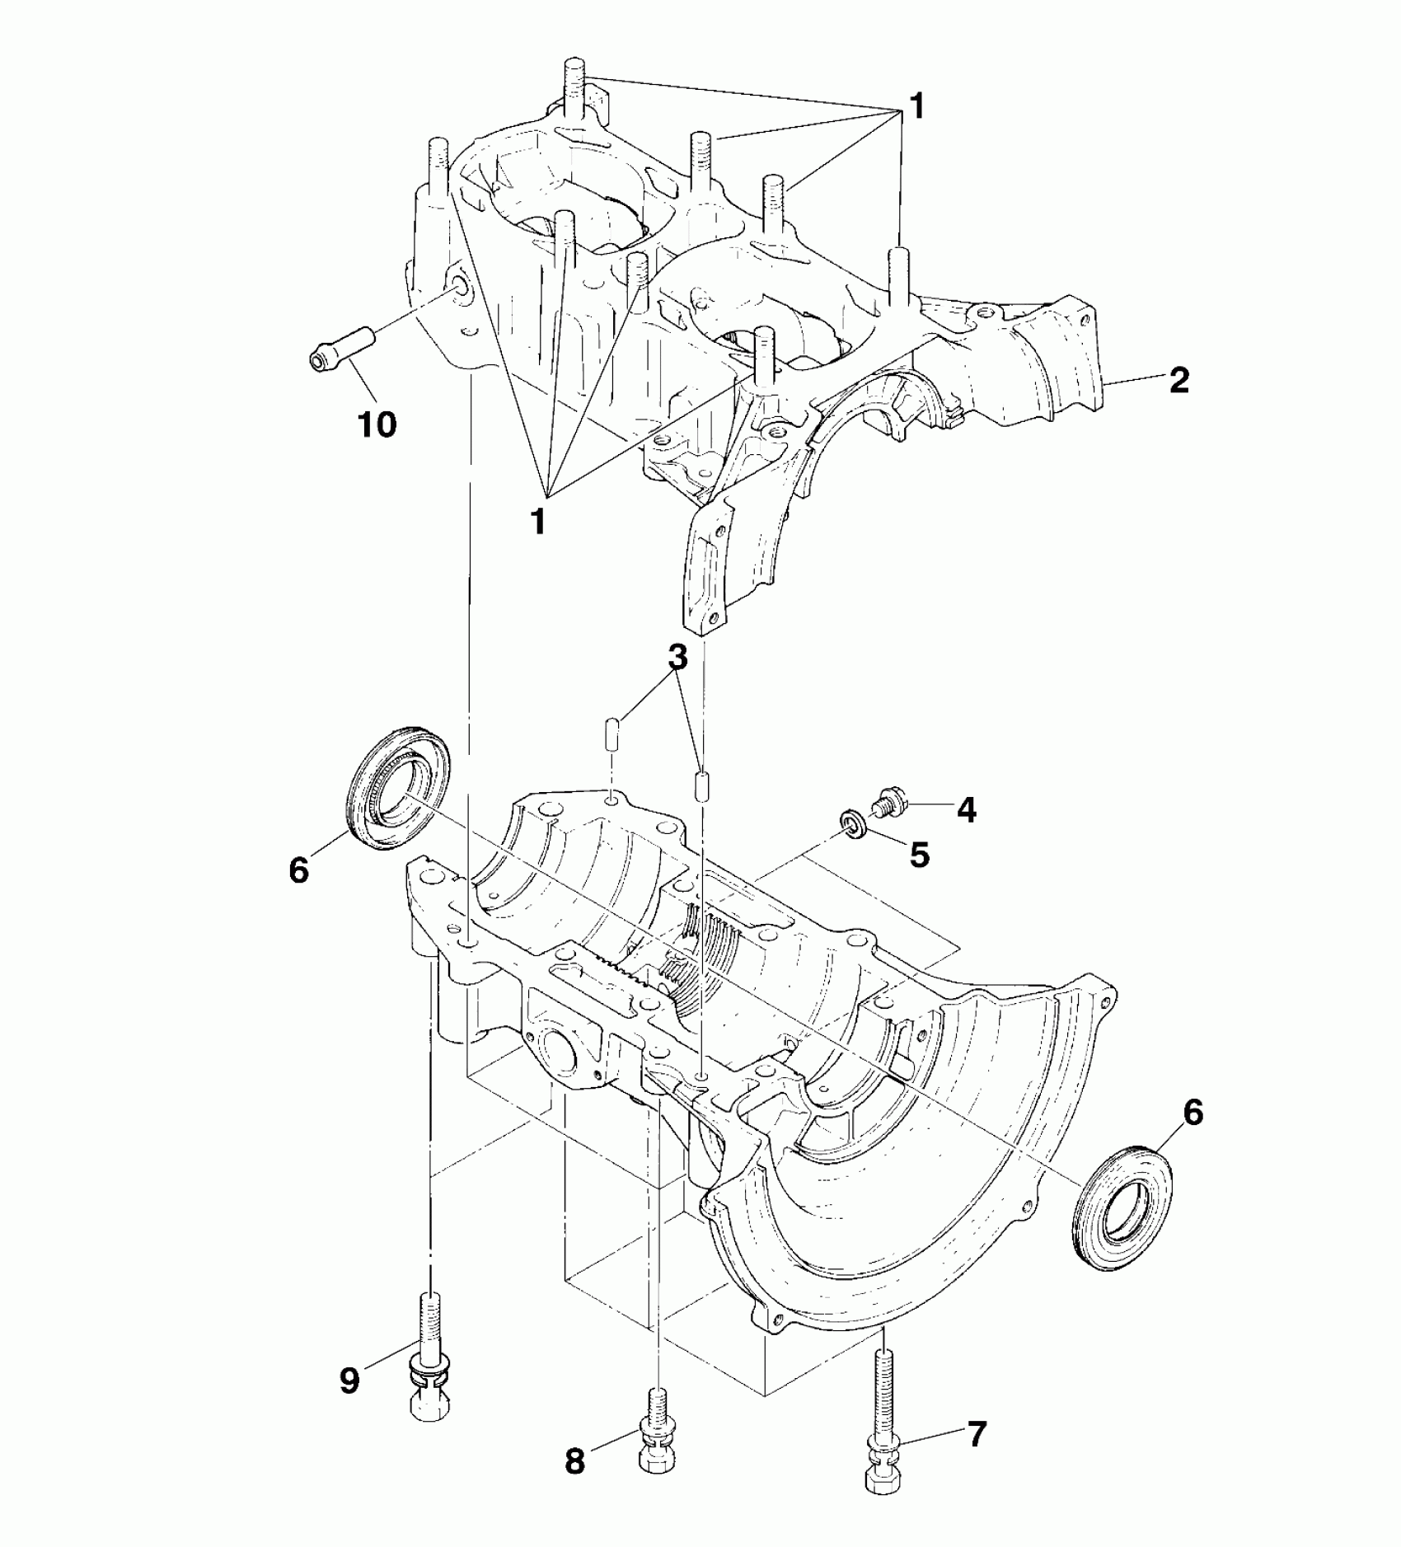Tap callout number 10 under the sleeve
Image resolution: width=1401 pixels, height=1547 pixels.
377,425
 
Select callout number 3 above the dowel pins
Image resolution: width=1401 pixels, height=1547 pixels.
677,658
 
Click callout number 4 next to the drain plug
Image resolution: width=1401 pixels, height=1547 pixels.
966,810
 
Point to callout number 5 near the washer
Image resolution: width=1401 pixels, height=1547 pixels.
920,855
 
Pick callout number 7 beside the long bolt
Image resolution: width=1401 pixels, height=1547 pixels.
975,1434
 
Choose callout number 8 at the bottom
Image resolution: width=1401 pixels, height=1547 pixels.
574,1462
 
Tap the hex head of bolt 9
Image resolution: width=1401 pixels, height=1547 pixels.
430,1421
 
